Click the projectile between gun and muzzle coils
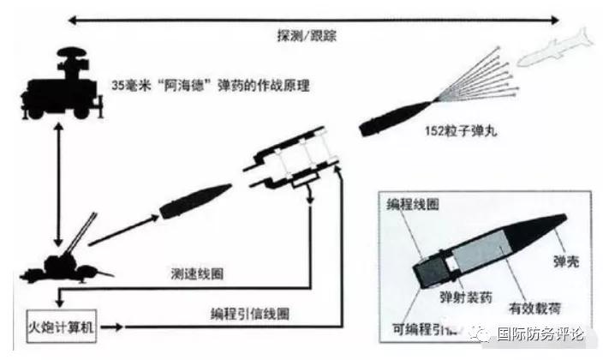click(x=195, y=201)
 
